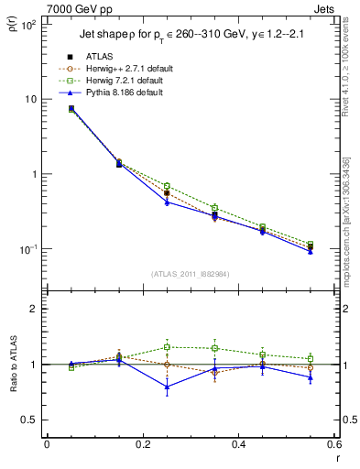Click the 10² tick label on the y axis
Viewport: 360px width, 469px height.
coord(29,25)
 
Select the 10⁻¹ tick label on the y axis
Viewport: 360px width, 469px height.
coord(29,249)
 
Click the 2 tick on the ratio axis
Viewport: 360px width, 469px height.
coord(34,309)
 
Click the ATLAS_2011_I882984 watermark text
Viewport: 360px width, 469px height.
coord(191,275)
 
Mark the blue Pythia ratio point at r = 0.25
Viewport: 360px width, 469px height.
coord(167,387)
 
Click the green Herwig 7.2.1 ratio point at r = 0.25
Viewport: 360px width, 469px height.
coord(167,347)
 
